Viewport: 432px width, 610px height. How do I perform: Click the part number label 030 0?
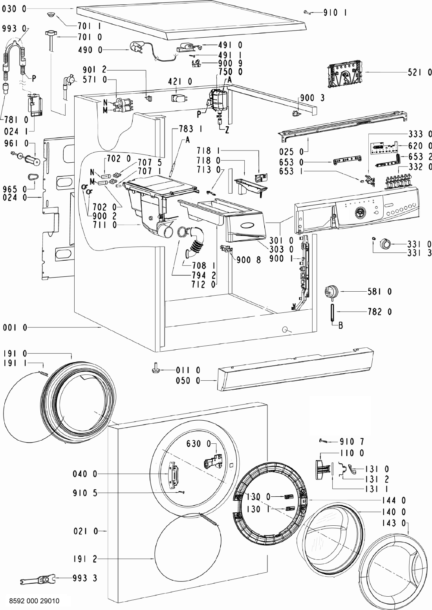tap(14, 9)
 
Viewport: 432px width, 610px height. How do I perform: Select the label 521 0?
tap(419, 72)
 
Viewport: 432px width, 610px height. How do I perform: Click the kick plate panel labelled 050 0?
tap(295, 370)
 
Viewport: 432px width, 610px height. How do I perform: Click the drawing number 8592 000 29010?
tap(34, 601)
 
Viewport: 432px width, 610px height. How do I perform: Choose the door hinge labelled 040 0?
tap(174, 475)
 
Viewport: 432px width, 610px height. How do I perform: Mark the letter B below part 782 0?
tap(340, 325)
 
